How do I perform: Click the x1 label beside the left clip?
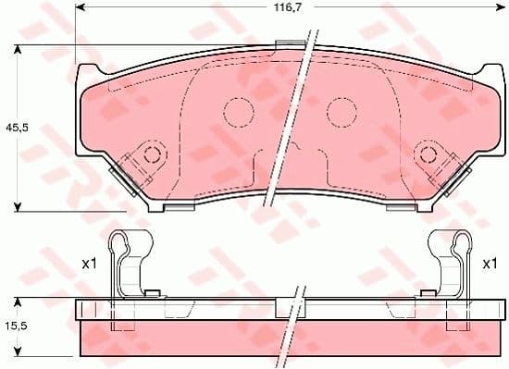(x=90, y=264)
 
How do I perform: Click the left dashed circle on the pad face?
(x=239, y=113)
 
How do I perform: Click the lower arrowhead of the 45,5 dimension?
(x=19, y=207)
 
